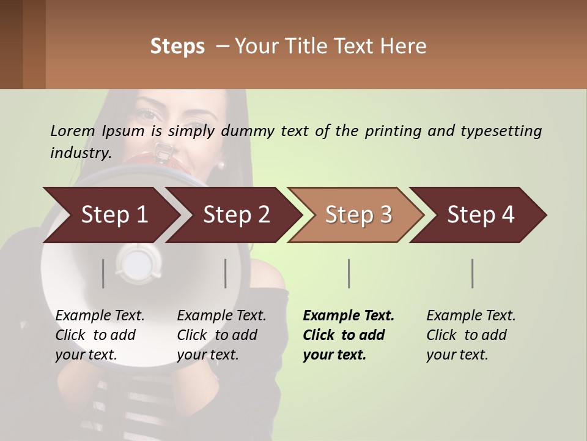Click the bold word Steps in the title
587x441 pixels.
point(177,47)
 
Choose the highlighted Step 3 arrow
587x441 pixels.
point(358,215)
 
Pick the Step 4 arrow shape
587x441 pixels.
point(481,215)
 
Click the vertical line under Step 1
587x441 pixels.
point(103,273)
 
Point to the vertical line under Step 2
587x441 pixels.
point(226,273)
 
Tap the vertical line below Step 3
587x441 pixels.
point(349,273)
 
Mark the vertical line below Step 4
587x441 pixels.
point(473,273)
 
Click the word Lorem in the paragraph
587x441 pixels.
point(73,131)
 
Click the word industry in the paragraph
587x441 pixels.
point(80,153)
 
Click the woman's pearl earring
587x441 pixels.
point(221,164)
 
